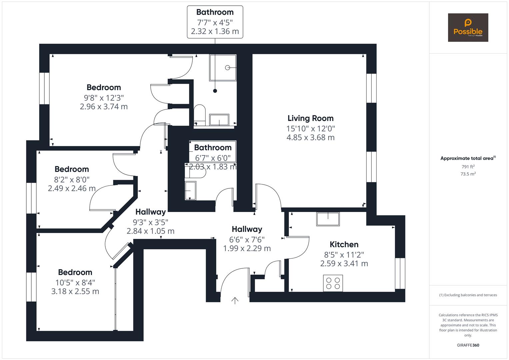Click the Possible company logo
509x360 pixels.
pyautogui.click(x=468, y=27)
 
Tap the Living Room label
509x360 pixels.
pyautogui.click(x=310, y=118)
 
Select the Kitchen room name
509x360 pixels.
pyautogui.click(x=344, y=244)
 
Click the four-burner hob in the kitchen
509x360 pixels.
pyautogui.click(x=333, y=283)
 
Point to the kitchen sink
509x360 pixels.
pyautogui.click(x=328, y=219)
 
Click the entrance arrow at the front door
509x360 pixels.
pyautogui.click(x=235, y=301)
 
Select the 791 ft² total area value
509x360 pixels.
pyautogui.click(x=468, y=167)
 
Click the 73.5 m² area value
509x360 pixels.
pyautogui.click(x=468, y=174)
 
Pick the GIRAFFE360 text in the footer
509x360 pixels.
pyautogui.click(x=468, y=345)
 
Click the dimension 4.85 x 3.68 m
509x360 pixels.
pyautogui.click(x=310, y=137)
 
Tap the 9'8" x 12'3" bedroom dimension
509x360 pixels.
pyautogui.click(x=104, y=98)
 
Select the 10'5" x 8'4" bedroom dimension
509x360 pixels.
pyautogui.click(x=75, y=282)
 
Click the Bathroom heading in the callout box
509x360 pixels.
pyautogui.click(x=215, y=12)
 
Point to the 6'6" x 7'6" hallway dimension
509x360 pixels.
pyautogui.click(x=247, y=239)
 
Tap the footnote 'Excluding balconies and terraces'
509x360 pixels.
pyautogui.click(x=468, y=295)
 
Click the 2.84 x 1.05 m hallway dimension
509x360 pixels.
pyautogui.click(x=150, y=231)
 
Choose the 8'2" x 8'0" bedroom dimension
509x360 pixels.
pyautogui.click(x=72, y=179)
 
